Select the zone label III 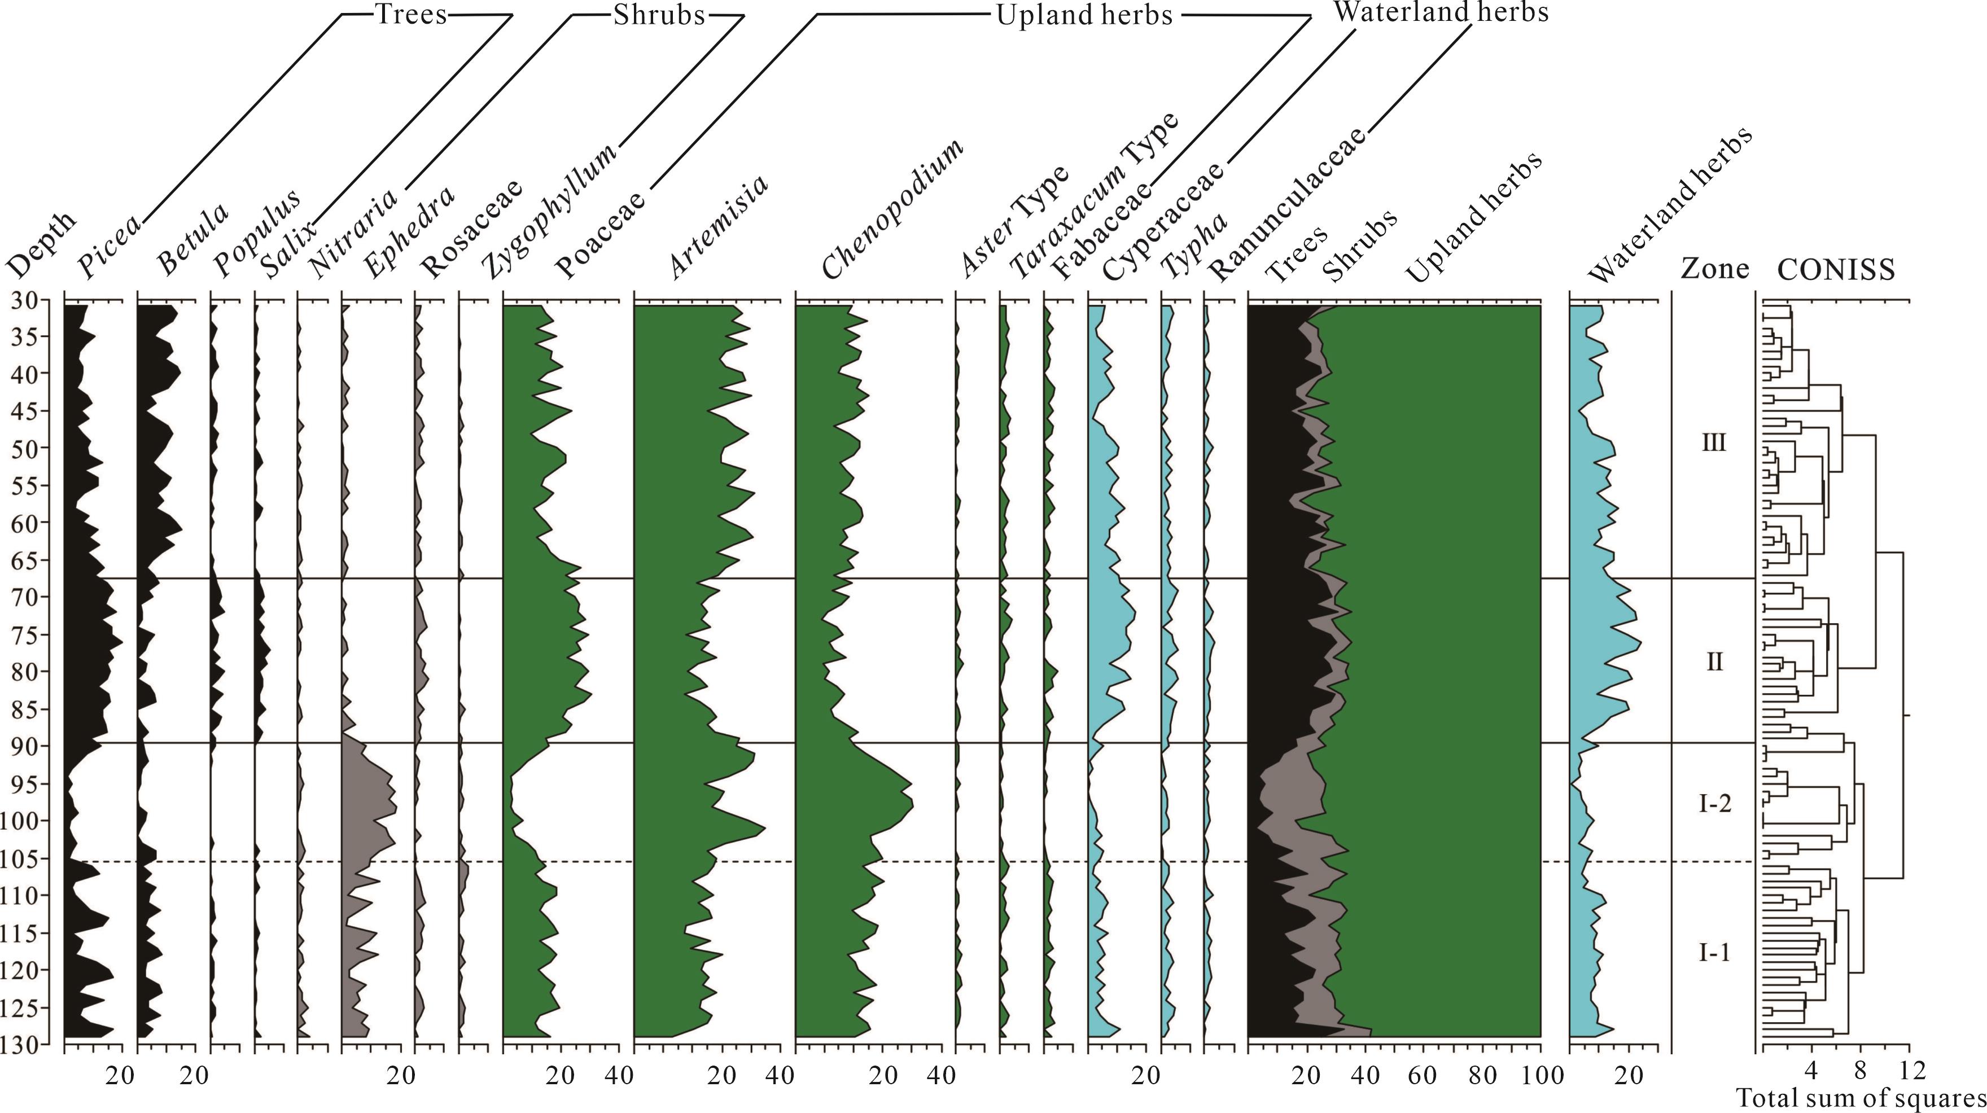tap(1713, 444)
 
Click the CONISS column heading tap(1836, 270)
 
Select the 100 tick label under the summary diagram tap(1541, 1075)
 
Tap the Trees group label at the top tap(410, 14)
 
